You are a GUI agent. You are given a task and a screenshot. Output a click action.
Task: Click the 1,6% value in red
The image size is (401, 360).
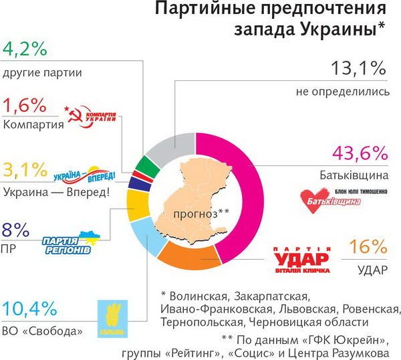pyautogui.click(x=24, y=105)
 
